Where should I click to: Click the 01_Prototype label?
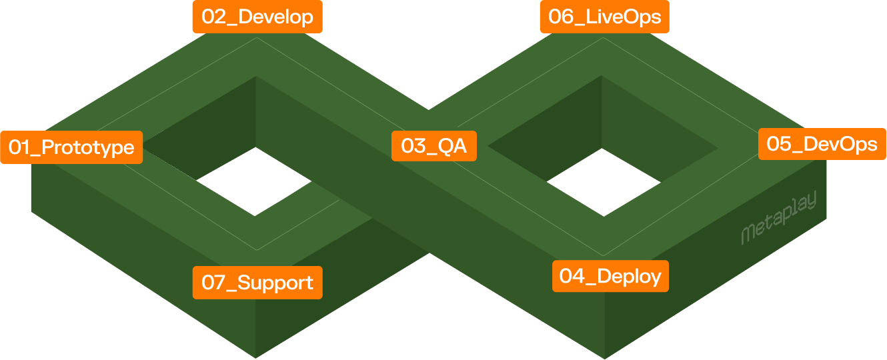tap(71, 147)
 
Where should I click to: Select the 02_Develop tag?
tap(257, 17)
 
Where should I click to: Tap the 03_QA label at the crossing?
tap(433, 145)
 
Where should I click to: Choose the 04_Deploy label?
tap(610, 276)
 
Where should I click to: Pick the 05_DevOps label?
tap(822, 144)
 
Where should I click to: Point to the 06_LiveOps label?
tap(604, 17)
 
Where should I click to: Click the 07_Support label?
tap(257, 283)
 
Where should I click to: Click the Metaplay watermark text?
tap(778, 221)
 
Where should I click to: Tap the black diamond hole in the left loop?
tap(255, 181)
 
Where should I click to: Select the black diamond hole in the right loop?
tap(604, 181)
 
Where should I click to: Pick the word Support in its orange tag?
tap(275, 283)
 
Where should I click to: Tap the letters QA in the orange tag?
tap(452, 145)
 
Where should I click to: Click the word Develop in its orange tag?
tap(275, 17)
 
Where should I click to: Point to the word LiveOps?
tap(623, 17)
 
